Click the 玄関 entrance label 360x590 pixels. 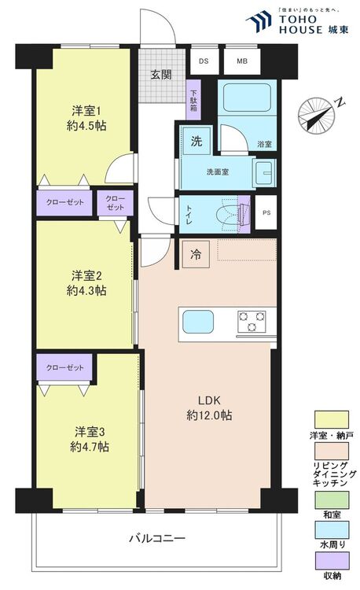click(161, 75)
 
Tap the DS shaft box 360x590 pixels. click(204, 61)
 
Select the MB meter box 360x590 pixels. click(242, 61)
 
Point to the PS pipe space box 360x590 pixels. click(266, 212)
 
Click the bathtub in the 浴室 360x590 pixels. click(247, 97)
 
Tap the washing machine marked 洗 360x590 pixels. click(197, 141)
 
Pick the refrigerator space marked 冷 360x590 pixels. click(196, 254)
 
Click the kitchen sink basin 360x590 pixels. click(198, 322)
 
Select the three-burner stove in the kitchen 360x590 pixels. click(252, 322)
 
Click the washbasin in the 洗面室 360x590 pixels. click(264, 173)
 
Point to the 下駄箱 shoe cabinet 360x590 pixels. click(193, 100)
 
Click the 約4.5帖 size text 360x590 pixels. click(86, 126)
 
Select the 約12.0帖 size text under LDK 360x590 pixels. click(209, 415)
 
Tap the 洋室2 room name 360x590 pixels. click(86, 276)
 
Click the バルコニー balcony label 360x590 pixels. click(157, 538)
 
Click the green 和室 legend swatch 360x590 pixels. click(332, 500)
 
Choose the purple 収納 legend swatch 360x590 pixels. click(332, 561)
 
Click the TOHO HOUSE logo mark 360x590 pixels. click(259, 21)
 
